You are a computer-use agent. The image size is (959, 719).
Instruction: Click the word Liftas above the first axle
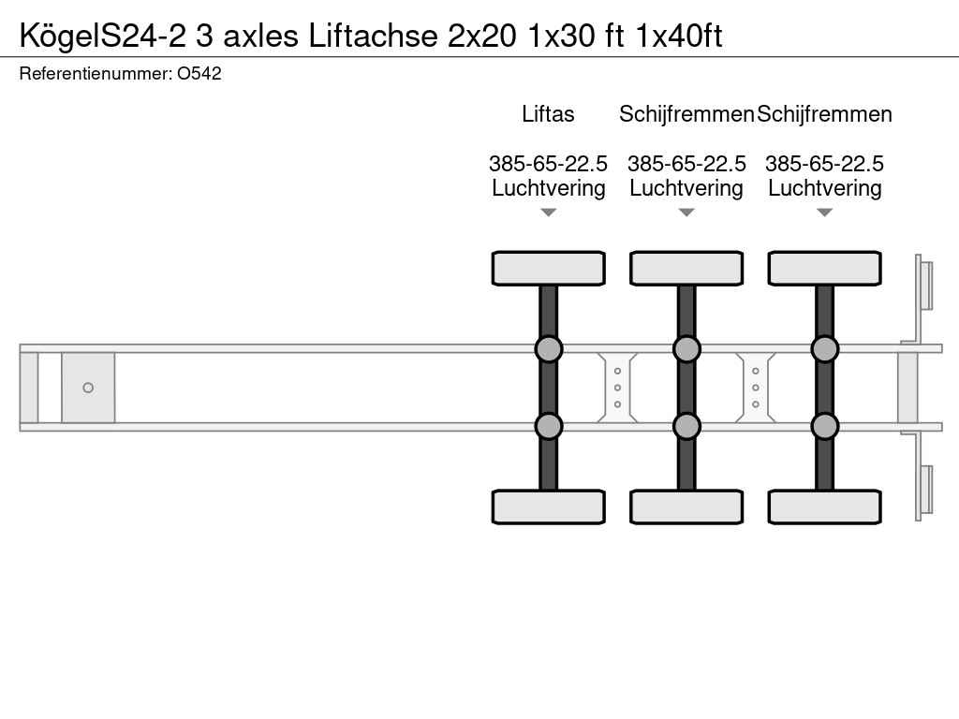coord(548,114)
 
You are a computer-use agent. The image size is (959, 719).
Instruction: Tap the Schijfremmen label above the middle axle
coord(686,114)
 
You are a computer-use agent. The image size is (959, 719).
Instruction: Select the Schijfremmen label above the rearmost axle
coord(824,114)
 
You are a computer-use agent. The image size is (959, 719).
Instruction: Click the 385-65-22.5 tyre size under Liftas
coord(548,164)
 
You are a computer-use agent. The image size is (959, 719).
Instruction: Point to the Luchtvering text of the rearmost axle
coord(824,188)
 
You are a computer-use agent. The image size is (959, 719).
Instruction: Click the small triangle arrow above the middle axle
coord(686,213)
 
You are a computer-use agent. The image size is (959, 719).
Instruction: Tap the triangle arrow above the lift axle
coord(548,213)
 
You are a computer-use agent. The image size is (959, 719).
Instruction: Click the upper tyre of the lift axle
coord(548,269)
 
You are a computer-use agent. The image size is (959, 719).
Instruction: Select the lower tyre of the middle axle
coord(686,506)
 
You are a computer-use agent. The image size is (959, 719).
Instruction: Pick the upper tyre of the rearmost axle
coord(824,269)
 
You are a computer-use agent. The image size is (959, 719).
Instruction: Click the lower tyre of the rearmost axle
coord(824,506)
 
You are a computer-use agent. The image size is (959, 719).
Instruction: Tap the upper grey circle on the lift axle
coord(548,349)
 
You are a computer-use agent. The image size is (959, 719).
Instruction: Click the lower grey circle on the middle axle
coord(686,426)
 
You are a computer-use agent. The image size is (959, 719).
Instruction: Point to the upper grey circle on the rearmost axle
coord(824,349)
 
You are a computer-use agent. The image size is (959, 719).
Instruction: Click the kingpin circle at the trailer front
coord(88,388)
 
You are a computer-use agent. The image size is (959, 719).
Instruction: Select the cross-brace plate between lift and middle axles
coord(617,388)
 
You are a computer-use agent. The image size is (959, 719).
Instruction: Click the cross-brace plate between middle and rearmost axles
coord(756,388)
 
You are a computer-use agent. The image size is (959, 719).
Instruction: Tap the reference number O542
coord(199,73)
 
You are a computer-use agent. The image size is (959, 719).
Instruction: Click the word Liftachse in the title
coord(373,36)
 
